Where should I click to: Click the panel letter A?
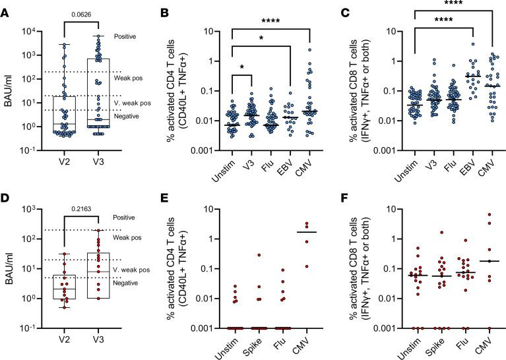tap(5, 7)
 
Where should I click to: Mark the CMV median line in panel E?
tap(306, 232)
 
